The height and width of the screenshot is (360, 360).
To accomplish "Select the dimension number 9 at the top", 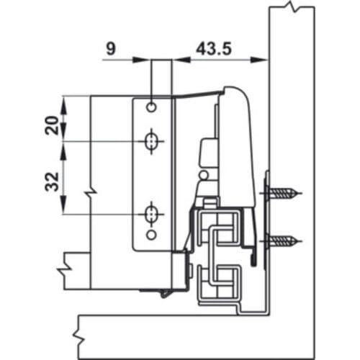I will click(x=110, y=48).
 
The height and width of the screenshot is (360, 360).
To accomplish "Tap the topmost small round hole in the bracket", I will click(x=151, y=107).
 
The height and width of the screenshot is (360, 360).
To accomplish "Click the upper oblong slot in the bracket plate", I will click(x=151, y=143).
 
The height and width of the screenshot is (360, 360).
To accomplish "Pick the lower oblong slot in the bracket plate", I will click(x=151, y=214).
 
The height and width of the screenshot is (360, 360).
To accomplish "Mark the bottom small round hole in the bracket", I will click(x=151, y=235).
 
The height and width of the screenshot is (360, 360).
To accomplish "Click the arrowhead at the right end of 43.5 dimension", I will click(x=264, y=60).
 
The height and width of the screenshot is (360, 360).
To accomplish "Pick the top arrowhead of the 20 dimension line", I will click(x=64, y=100).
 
